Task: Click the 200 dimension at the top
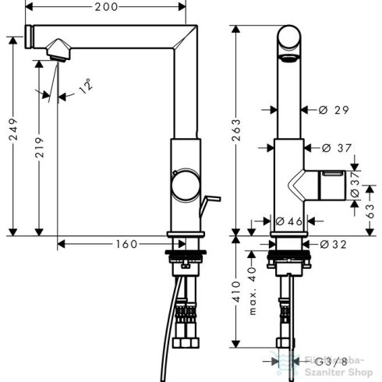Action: [x=108, y=8]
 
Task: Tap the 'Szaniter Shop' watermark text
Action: [x=347, y=371]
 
